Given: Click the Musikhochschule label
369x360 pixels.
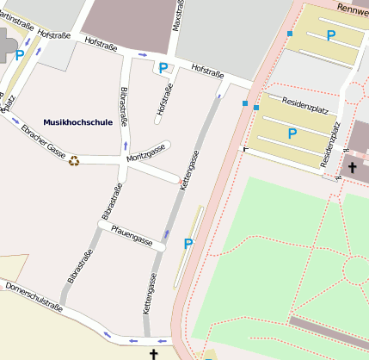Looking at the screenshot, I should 77,122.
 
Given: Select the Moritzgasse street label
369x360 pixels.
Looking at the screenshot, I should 145,153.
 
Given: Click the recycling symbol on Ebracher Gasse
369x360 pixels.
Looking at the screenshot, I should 75,159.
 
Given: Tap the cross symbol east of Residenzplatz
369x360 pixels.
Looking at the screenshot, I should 352,166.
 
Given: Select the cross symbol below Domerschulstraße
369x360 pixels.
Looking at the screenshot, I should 154,353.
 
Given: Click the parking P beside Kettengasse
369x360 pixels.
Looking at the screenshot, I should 188,245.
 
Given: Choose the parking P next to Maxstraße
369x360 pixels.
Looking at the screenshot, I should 162,67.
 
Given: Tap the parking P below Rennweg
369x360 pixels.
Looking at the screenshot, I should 330,35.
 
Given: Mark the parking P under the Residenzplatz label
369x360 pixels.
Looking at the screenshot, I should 292,133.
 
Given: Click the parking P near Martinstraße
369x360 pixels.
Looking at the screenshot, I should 20,54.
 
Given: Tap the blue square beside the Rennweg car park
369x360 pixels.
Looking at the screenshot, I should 291,34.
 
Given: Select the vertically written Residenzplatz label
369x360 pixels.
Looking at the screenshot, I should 330,144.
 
